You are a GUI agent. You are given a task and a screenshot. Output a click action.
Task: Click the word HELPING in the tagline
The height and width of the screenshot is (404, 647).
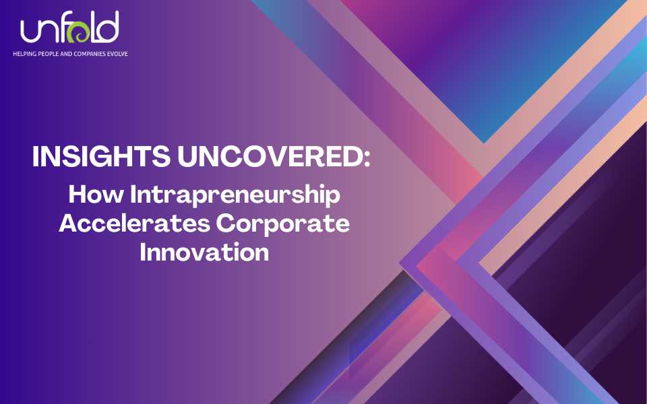point(24,53)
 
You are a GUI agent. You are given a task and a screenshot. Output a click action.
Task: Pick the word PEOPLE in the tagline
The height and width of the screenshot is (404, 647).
point(49,53)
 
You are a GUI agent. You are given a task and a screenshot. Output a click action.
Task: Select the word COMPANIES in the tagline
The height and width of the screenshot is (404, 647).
point(91,53)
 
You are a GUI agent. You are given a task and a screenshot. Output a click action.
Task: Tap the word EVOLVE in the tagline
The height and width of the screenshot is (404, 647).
point(119,53)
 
